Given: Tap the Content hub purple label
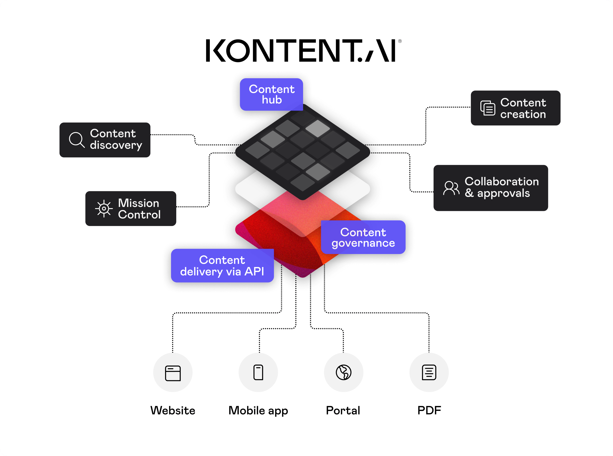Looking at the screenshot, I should click(x=271, y=94).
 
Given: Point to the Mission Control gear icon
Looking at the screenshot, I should click(x=104, y=209).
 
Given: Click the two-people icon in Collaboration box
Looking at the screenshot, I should click(x=451, y=188).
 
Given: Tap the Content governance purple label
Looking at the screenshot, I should click(x=363, y=237).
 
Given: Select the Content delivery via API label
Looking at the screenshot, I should click(x=222, y=266).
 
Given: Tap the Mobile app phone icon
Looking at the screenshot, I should click(x=258, y=372).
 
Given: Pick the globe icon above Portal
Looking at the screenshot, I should click(x=343, y=372).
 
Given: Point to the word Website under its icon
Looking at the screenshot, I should click(x=173, y=410).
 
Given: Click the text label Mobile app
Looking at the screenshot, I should click(x=258, y=411).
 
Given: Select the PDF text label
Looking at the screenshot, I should click(x=429, y=410).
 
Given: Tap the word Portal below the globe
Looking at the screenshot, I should click(x=343, y=410).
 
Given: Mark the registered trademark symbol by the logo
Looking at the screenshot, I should click(x=400, y=41).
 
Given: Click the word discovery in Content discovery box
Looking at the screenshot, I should click(x=116, y=145).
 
